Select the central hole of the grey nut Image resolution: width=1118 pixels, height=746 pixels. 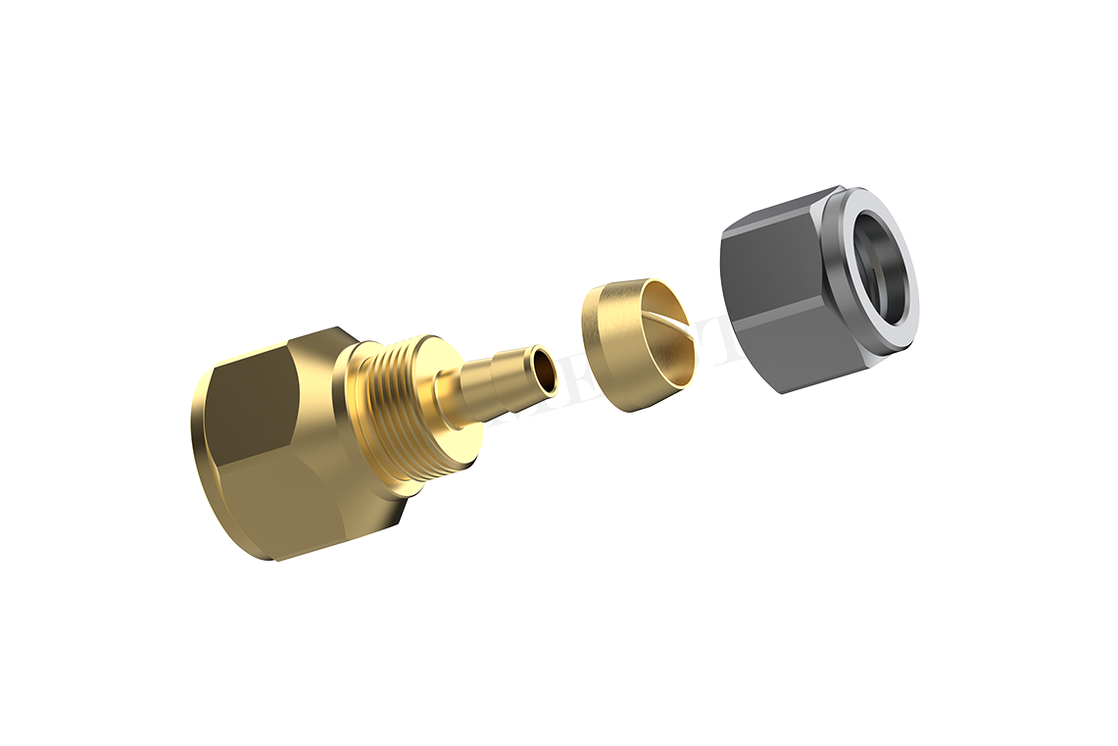click(882, 265)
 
